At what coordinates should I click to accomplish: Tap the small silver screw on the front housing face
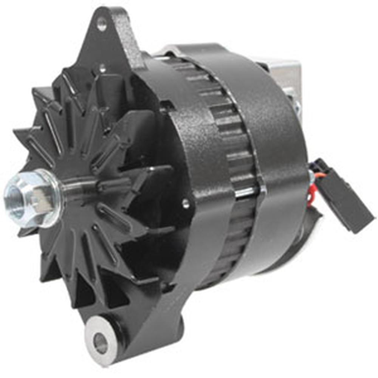tap(186, 204)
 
